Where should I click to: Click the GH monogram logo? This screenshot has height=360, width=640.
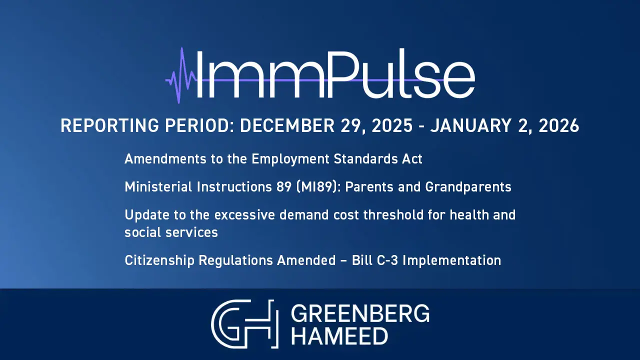click(x=245, y=324)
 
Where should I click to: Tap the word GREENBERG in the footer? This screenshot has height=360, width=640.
click(x=360, y=313)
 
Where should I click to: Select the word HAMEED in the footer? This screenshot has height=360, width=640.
click(x=339, y=336)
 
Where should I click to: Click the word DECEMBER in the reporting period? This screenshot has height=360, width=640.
click(x=287, y=125)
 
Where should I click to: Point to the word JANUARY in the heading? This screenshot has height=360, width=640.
click(x=471, y=125)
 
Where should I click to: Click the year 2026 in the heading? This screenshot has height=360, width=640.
click(x=559, y=125)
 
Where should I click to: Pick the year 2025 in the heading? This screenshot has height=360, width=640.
click(x=392, y=125)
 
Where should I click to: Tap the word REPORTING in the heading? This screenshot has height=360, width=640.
click(x=109, y=125)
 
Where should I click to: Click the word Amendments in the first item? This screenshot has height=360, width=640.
click(x=165, y=159)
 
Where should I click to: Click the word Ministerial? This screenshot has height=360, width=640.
click(x=158, y=187)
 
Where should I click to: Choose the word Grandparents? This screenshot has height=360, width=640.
click(x=468, y=187)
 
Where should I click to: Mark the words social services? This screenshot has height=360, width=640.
click(x=171, y=232)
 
